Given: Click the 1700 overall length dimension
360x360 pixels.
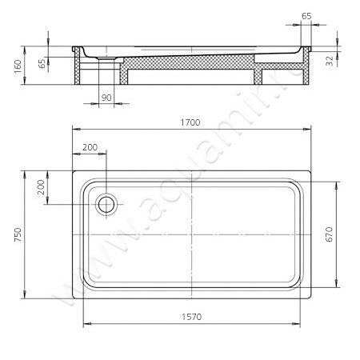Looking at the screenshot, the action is click(x=190, y=122).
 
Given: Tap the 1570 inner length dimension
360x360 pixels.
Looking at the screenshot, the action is click(x=192, y=317).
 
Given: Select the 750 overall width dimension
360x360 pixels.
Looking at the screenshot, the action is click(x=18, y=234).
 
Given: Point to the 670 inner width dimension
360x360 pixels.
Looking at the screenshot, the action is click(x=330, y=234).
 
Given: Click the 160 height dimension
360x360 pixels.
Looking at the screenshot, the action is click(x=18, y=66).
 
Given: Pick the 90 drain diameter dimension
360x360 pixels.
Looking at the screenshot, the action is click(x=106, y=98).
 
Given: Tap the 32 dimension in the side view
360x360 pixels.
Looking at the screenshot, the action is click(x=330, y=61).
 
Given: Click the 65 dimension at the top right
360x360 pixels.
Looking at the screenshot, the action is click(x=306, y=16).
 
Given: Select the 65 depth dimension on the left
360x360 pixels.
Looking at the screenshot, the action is click(x=42, y=64).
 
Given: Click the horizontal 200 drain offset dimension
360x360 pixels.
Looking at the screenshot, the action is click(x=90, y=147).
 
